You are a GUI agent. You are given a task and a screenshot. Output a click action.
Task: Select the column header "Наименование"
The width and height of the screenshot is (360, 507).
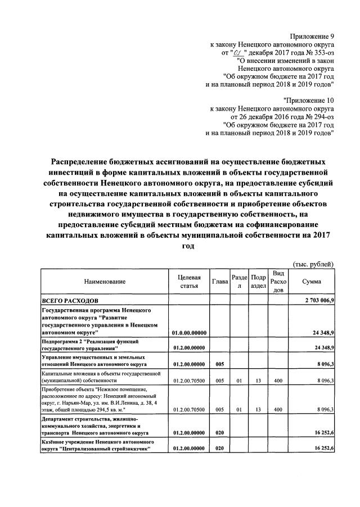click(105, 281)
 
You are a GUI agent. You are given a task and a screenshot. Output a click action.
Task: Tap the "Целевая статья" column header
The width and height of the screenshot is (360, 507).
click(188, 281)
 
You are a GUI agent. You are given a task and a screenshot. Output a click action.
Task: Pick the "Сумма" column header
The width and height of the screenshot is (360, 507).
click(312, 281)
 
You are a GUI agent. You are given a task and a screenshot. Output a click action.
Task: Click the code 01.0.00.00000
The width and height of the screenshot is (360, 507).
click(188, 333)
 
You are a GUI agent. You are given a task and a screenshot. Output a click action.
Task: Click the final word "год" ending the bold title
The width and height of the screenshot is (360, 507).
click(188, 246)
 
